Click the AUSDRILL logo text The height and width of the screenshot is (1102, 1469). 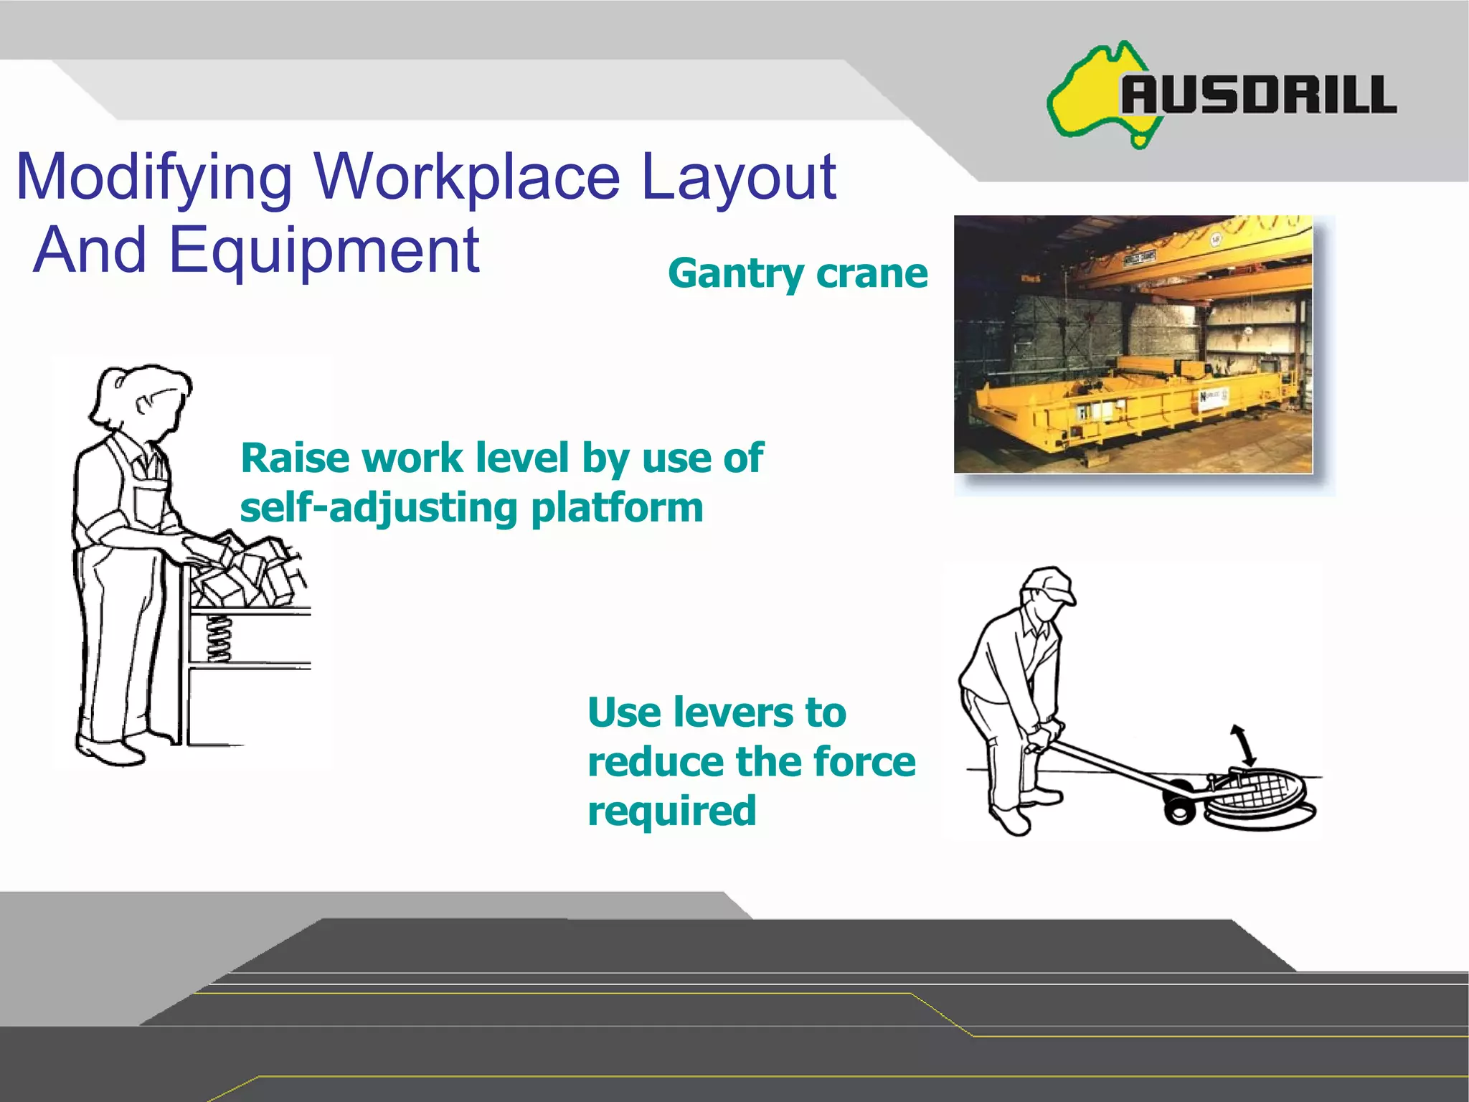click(1259, 95)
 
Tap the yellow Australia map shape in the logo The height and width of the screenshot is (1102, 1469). click(1087, 97)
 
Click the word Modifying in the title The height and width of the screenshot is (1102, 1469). click(154, 178)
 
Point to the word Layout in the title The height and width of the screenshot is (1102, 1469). click(738, 178)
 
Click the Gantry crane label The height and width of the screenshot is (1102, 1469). click(798, 273)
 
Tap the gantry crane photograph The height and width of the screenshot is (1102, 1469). click(1133, 344)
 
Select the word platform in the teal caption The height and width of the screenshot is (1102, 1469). click(617, 508)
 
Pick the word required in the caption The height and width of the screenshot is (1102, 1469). click(672, 811)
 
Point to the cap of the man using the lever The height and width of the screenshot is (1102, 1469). click(1051, 583)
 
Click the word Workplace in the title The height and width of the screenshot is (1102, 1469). click(466, 178)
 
